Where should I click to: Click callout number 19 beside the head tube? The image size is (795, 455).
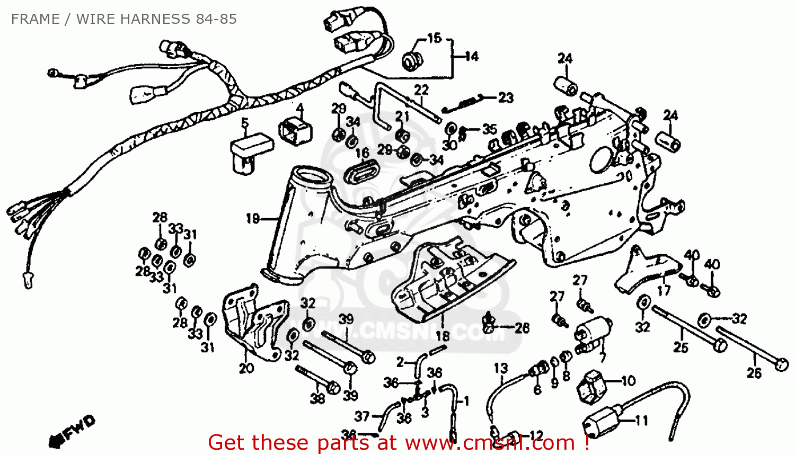pos(253,218)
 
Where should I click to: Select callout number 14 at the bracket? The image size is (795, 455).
pos(471,56)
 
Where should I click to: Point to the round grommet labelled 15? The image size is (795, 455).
pos(411,60)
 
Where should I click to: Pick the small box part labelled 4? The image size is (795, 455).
pos(295,130)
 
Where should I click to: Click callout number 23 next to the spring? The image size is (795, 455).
pos(506,97)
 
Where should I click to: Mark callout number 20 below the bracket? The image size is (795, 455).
pos(246,368)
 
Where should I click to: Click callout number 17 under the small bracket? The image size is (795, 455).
pos(664,290)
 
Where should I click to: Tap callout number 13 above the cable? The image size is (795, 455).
pos(501,368)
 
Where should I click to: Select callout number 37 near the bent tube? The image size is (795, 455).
pos(362,416)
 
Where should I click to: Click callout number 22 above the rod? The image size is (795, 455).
pos(421,90)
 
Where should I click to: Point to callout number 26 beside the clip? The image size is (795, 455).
pos(522,328)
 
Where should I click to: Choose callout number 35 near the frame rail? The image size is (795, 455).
pos(489,129)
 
